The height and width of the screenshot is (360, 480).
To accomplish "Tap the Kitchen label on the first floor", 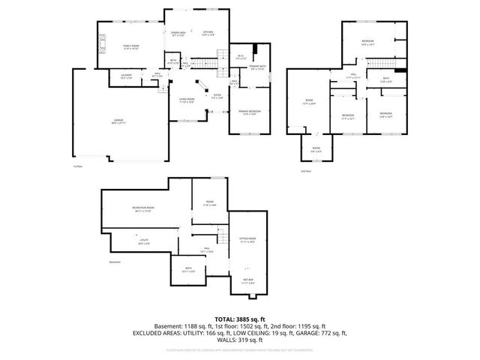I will click(208, 33).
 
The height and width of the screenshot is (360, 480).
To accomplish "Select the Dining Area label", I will click(178, 33).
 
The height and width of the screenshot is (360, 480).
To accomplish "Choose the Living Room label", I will click(186, 100).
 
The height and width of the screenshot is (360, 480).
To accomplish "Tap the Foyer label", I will click(216, 95).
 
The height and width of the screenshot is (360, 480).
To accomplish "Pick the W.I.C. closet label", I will click(241, 56).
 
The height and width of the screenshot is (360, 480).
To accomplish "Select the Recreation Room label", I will click(144, 208).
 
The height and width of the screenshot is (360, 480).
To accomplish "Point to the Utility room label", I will click(144, 241).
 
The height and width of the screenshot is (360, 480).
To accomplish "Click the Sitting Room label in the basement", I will click(247, 240).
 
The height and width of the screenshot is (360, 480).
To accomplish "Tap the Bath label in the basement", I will click(188, 269).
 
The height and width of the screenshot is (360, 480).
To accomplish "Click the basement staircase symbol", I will click(222, 240).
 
